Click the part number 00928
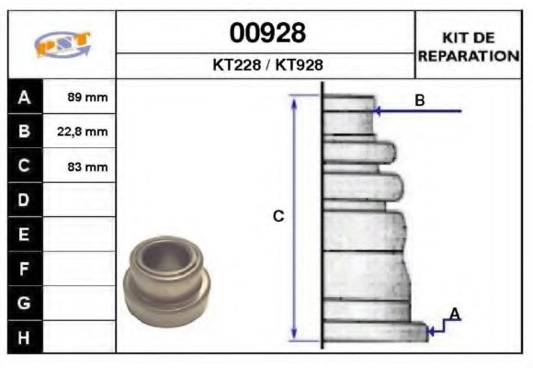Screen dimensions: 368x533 [266, 33]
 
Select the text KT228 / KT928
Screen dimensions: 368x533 [266, 65]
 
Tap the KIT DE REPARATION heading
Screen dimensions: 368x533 [469, 46]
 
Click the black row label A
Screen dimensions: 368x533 [24, 97]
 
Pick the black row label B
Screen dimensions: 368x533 [24, 132]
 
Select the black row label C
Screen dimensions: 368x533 [24, 167]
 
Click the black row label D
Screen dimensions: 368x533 [24, 201]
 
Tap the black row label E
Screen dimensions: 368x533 [24, 235]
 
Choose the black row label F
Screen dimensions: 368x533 [24, 269]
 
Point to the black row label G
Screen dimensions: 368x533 [24, 303]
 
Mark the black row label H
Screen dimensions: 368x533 [24, 337]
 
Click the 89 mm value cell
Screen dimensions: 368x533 [87, 97]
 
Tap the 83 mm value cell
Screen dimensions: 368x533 [87, 167]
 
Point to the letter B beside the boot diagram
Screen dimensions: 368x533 [419, 100]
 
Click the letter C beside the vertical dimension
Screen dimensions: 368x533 [278, 217]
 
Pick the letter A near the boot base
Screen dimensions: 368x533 [454, 315]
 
